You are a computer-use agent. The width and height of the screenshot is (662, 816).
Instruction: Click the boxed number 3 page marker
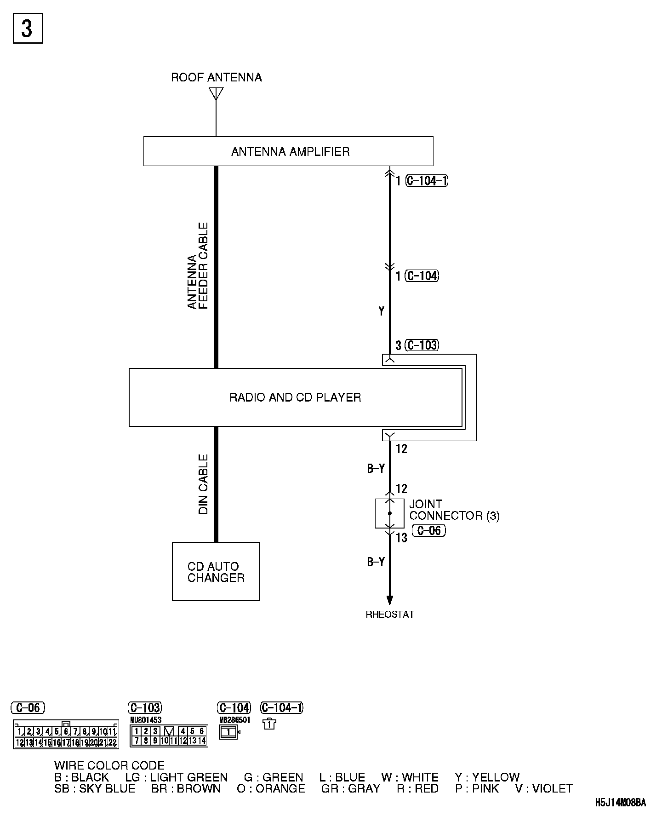point(28,29)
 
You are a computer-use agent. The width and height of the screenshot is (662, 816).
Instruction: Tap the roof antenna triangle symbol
point(216,93)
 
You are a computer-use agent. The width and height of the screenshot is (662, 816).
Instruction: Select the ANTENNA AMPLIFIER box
point(288,151)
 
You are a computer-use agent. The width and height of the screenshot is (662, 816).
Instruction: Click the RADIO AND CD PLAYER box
point(295,397)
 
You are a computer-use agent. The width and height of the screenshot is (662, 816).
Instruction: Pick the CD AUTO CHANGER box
point(216,571)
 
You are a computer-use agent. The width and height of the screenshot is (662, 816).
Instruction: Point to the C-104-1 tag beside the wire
point(427,181)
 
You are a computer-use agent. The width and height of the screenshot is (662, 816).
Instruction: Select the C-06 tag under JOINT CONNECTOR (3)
point(428,530)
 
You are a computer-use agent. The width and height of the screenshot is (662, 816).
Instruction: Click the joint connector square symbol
point(389,513)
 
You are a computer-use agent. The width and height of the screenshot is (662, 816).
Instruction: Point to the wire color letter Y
point(381,311)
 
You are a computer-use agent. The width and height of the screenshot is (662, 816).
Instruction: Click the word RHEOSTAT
point(390,615)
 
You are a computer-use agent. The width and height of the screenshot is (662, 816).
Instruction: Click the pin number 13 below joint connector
point(401,538)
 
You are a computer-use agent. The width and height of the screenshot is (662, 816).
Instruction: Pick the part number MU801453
point(146,720)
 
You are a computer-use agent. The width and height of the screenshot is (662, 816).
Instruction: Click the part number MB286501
point(234,720)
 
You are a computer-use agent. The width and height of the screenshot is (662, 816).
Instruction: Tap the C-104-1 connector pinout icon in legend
point(269,724)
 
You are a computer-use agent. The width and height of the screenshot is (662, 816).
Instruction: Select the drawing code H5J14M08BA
point(621,803)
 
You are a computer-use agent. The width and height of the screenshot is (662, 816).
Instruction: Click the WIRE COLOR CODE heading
point(109,765)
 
